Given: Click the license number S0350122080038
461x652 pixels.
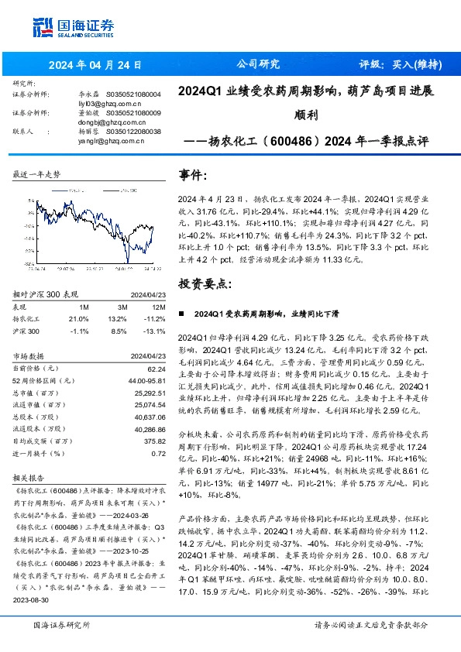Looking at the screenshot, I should (x=134, y=132).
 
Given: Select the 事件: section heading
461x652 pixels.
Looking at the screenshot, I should (x=193, y=176).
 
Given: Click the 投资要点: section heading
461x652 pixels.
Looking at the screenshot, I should (x=204, y=284).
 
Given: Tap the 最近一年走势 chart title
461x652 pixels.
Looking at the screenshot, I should (x=37, y=175).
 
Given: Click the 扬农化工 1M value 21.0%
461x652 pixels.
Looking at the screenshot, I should (x=79, y=317).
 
